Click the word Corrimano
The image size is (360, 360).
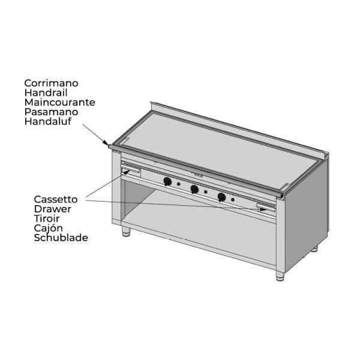coord(51,83)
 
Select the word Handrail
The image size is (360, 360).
coord(46,93)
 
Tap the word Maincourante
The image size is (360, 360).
coord(59,103)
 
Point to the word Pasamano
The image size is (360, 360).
coord(51,112)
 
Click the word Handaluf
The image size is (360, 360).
coord(48,121)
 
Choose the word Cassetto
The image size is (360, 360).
coord(56,199)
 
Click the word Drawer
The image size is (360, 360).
coord(53,209)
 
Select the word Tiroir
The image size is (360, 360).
coord(47,218)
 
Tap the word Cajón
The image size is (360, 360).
coord(49,228)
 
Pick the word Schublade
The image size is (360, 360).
coord(61,238)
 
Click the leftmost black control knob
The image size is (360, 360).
coord(167,182)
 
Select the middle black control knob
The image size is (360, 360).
coord(194,190)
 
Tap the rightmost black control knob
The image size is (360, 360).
coord(221,197)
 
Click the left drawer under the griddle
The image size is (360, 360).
coord(130,170)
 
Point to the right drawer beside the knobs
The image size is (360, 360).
coord(266,208)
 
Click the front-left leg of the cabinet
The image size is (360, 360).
coord(126,231)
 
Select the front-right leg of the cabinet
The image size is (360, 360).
coord(280,276)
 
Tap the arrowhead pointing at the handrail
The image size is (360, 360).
coord(106,143)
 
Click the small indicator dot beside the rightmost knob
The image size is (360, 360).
coord(233,200)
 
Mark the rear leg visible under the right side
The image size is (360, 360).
coord(314,249)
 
